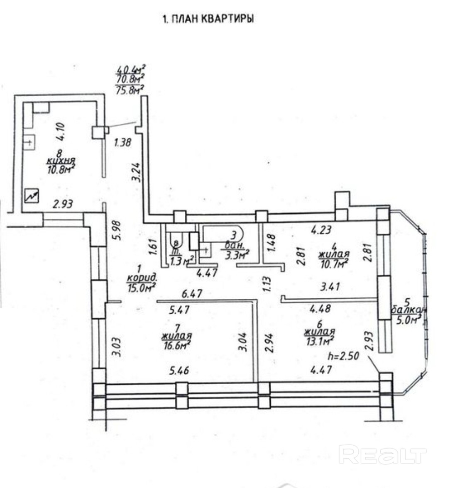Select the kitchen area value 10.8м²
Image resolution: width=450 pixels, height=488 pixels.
61,168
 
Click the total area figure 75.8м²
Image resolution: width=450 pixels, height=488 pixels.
130,89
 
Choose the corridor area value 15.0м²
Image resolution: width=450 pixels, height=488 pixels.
141,286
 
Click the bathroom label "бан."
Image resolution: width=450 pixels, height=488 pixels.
232,245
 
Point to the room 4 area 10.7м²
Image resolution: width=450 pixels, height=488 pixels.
333,262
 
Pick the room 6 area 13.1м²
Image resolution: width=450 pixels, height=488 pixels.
319,341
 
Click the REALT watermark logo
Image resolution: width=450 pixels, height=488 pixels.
382,454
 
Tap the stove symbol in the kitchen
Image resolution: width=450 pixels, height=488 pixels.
32,195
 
